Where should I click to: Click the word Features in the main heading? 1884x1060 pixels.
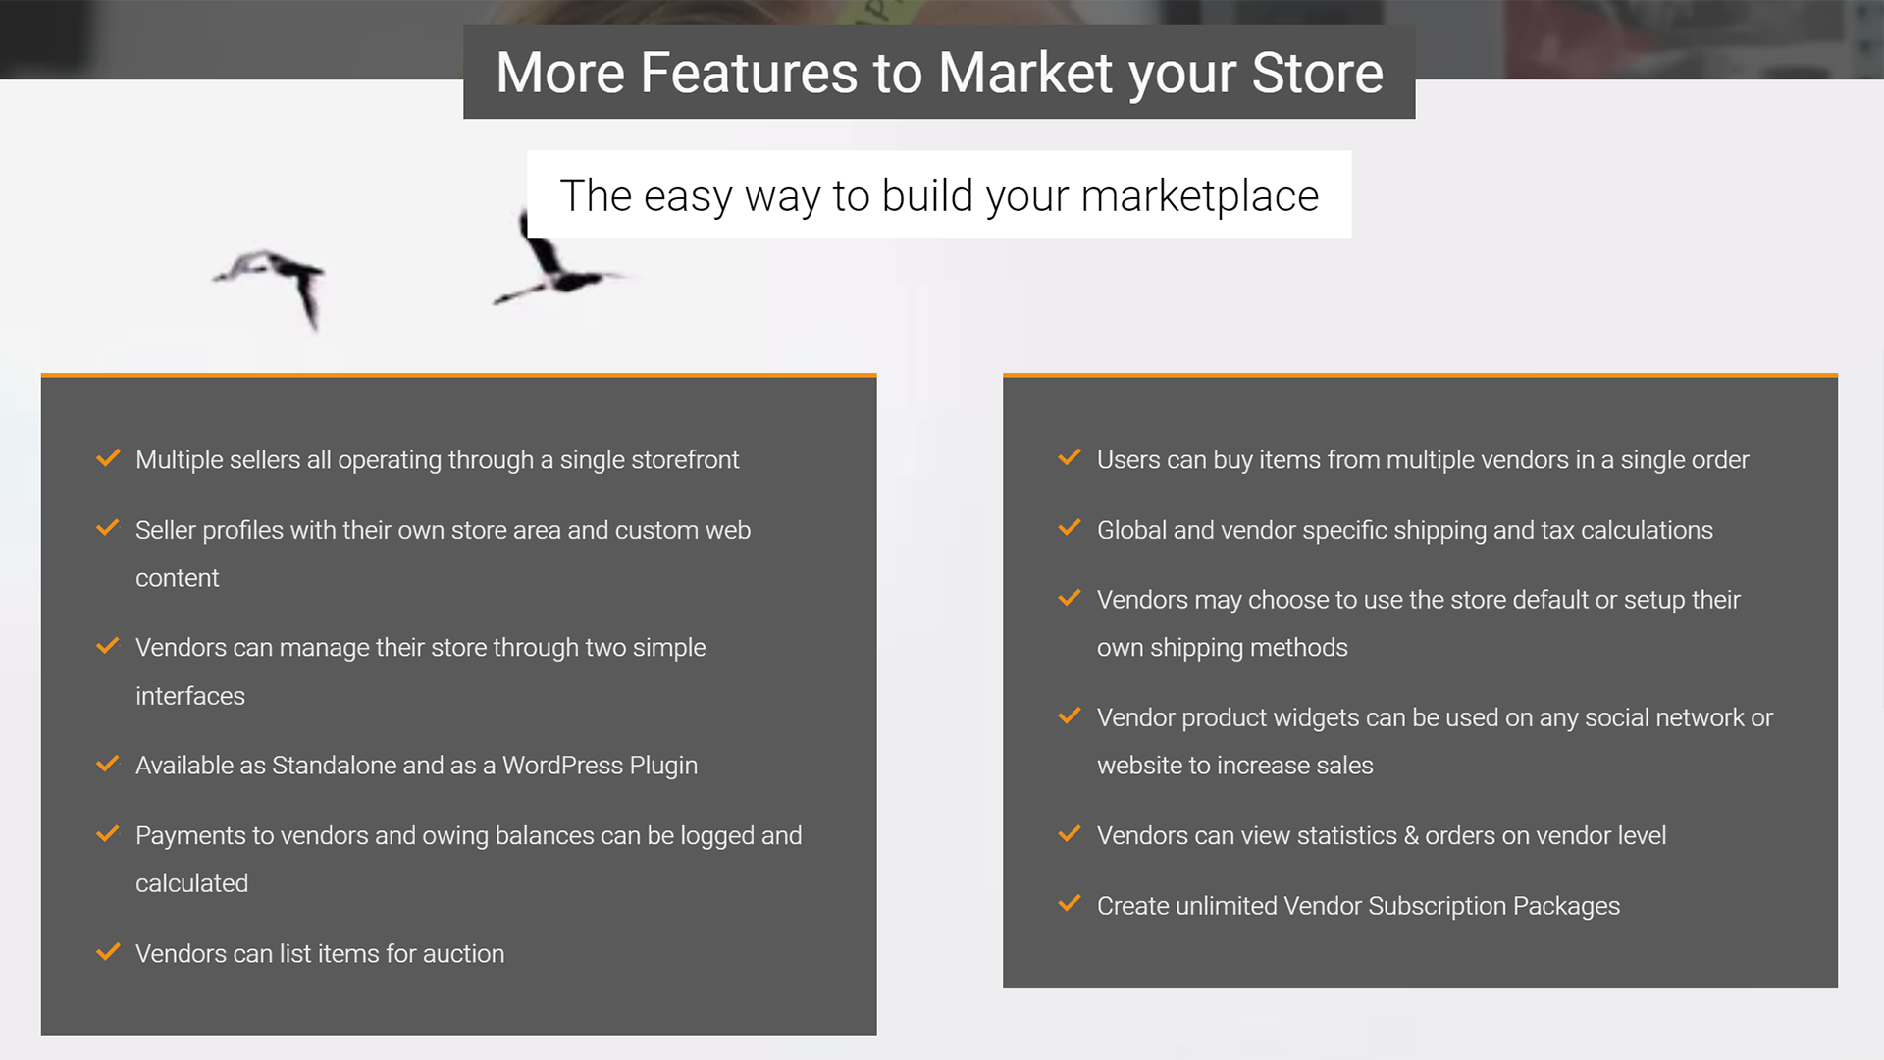749,73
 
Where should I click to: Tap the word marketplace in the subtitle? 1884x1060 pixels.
1199,196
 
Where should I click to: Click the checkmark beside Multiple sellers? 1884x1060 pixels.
108,458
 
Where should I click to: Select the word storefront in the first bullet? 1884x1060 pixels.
685,460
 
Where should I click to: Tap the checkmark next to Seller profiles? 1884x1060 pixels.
108,528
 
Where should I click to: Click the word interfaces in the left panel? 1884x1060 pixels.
190,696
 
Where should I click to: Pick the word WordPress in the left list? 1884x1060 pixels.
562,766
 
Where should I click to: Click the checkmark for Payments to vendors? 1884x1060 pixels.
108,834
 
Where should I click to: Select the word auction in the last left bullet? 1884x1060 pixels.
463,954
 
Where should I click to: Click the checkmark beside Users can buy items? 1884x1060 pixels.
1070,458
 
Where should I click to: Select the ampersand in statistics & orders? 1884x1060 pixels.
1411,836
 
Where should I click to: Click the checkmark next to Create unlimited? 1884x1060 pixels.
1070,904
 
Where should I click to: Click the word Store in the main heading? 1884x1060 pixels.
1317,73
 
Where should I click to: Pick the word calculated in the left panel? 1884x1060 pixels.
191,883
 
